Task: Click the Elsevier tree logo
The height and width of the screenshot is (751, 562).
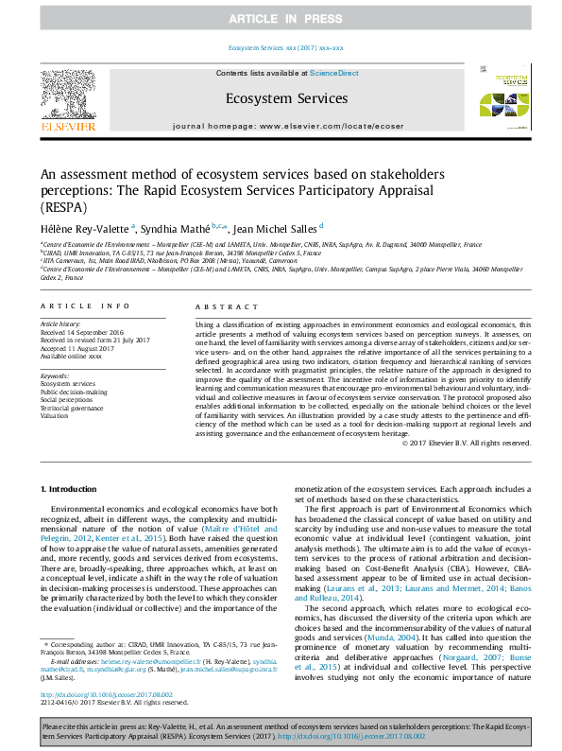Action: click(67, 97)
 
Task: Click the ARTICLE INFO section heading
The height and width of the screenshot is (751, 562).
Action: click(86, 306)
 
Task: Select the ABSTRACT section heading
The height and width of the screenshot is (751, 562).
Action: click(225, 306)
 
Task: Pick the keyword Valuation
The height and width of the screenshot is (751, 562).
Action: click(54, 416)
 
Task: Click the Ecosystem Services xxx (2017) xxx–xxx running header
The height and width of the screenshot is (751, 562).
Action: click(286, 47)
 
